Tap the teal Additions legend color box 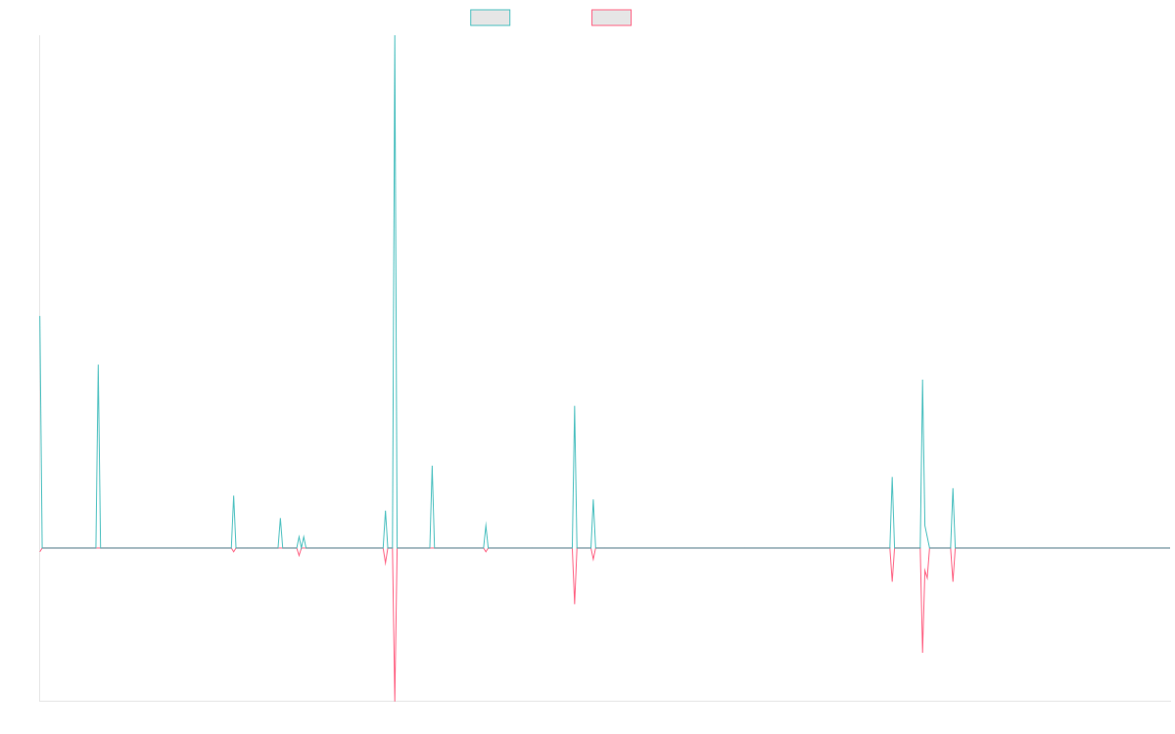pos(491,18)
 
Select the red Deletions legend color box pos(612,18)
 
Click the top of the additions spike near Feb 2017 pos(98,365)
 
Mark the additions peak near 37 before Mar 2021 pos(575,406)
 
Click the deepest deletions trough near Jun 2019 pos(394,700)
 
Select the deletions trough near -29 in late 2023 pos(922,653)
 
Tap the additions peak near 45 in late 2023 pos(922,380)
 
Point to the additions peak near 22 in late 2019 pos(432,466)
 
